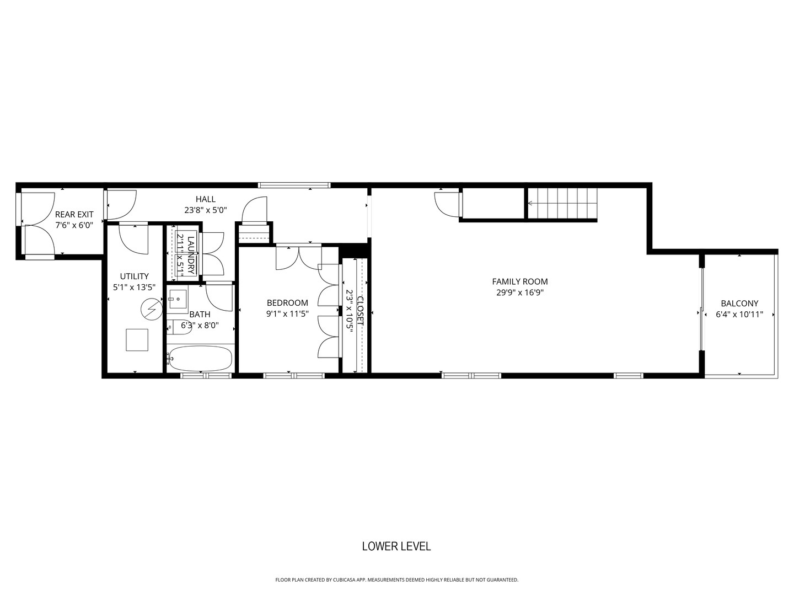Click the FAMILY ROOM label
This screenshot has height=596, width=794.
(x=519, y=281)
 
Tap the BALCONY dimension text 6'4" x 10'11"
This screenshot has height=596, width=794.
(x=739, y=315)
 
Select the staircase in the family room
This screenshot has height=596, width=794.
(x=562, y=204)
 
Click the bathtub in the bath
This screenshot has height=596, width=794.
(x=200, y=359)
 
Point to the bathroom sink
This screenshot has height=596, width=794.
(x=178, y=301)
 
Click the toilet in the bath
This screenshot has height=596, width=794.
(x=172, y=327)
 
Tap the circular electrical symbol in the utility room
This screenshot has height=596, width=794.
(x=150, y=309)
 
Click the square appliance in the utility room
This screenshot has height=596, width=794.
(x=137, y=340)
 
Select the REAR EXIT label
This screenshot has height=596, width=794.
(x=74, y=214)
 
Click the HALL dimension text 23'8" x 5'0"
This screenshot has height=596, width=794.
(x=205, y=210)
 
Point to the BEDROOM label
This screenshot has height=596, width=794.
(x=287, y=302)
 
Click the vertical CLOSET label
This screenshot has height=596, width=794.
(x=361, y=311)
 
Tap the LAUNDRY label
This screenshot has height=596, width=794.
(x=191, y=255)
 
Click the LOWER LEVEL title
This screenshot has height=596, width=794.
(x=396, y=546)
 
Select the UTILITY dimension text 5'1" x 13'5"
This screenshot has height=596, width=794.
(x=134, y=287)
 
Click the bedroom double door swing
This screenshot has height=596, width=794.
(x=298, y=258)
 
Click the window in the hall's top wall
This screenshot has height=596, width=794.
(x=294, y=185)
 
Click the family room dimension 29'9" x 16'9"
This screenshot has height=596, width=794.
(x=519, y=293)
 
